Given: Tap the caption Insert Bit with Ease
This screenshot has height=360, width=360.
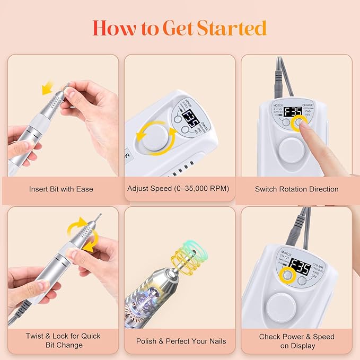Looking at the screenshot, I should pyautogui.click(x=62, y=189).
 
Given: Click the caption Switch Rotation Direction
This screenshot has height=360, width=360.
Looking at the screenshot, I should pyautogui.click(x=296, y=189).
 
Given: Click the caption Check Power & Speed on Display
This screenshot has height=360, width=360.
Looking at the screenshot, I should pyautogui.click(x=296, y=340).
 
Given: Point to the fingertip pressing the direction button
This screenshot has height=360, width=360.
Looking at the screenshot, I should pyautogui.click(x=305, y=125).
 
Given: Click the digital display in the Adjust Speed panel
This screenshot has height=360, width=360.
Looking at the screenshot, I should pyautogui.click(x=189, y=116).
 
